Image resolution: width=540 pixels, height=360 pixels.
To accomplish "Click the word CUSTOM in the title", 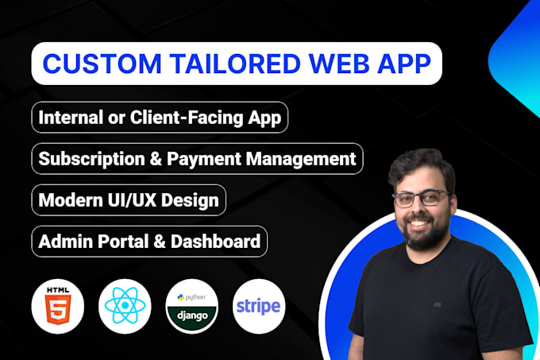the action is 102,64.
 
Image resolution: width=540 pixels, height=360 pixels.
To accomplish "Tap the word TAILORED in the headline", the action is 236,64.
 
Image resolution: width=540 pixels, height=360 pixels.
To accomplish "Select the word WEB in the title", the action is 340,64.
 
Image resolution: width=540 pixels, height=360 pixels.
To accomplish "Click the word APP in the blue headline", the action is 405,64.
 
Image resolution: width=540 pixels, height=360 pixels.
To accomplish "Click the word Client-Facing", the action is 187,118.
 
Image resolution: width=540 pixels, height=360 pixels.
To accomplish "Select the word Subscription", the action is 91,160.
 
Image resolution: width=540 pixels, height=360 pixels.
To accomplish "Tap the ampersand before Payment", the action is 156,159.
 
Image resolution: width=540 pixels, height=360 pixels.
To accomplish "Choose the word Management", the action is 301,159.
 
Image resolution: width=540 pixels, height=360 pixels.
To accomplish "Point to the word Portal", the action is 122,242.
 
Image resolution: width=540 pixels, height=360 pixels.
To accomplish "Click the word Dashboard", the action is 215,242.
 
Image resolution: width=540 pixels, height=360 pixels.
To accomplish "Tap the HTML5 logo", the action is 58,306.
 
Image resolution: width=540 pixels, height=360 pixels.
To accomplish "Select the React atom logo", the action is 125,306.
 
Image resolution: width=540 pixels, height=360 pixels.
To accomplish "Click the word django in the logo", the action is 192,315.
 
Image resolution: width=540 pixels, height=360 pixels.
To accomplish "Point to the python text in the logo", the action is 195,297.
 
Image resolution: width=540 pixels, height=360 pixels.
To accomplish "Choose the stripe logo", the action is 259,306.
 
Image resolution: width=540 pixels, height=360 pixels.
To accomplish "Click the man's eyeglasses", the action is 421,199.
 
